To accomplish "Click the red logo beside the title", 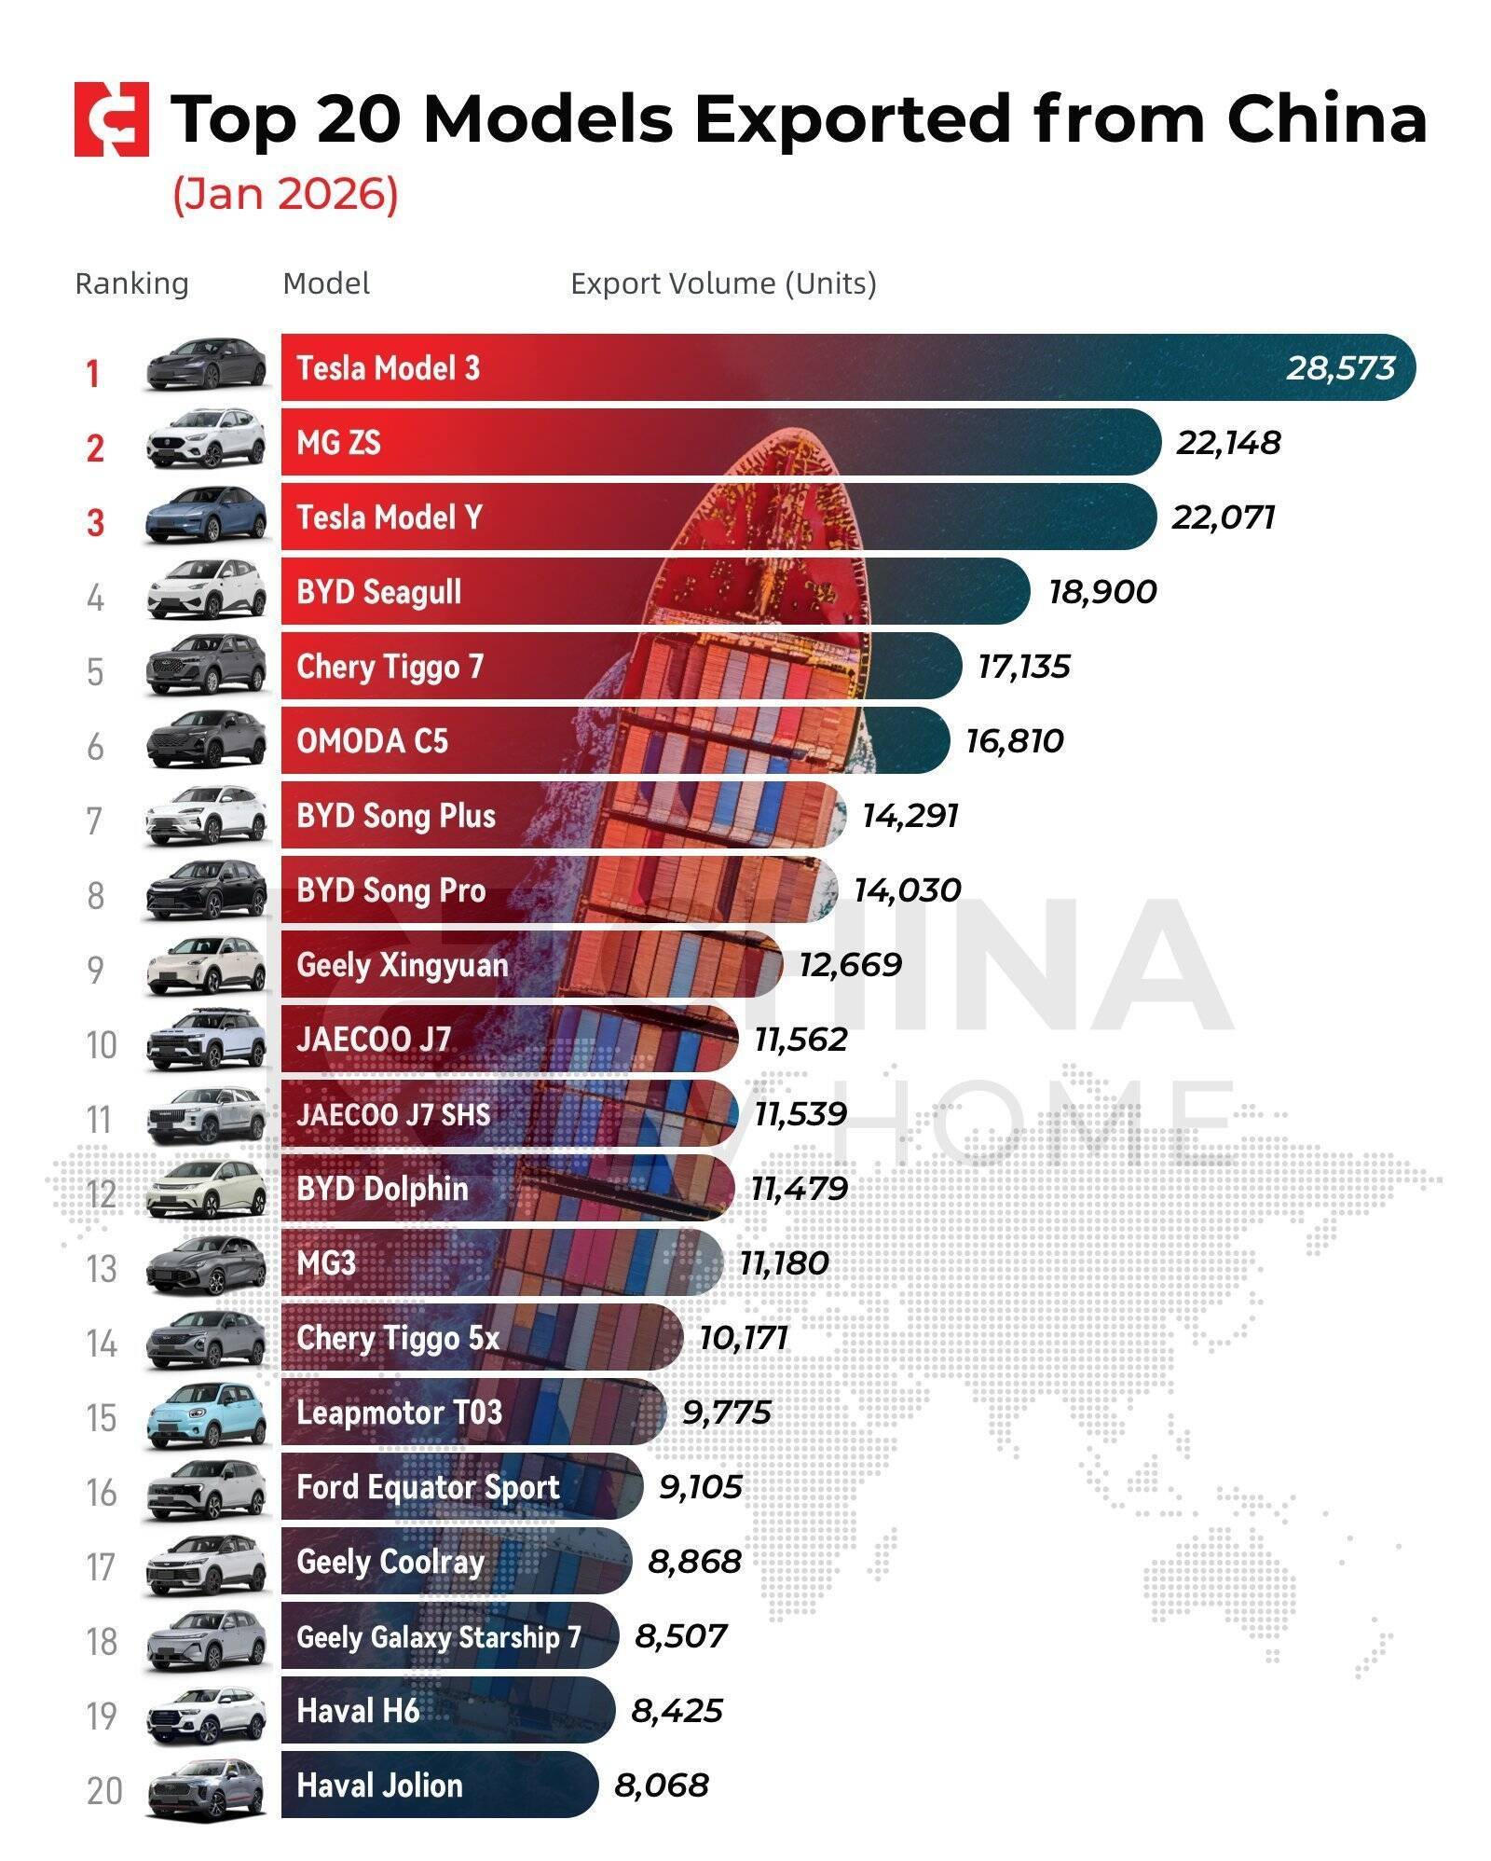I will (x=112, y=119).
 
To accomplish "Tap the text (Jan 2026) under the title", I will (x=285, y=194).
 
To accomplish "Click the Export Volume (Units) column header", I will (x=723, y=283).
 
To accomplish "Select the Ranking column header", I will (x=131, y=283).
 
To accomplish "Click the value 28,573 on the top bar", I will (x=1340, y=368).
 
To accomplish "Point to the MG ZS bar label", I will (x=338, y=443).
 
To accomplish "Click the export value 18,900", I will (x=1102, y=592).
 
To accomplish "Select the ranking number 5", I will (x=95, y=672).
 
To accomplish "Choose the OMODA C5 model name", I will (x=372, y=741).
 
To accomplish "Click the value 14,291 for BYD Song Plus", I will (x=910, y=816).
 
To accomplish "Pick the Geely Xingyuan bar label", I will (x=403, y=965).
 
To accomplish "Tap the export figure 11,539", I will (x=800, y=1114).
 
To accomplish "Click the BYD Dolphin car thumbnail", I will (x=206, y=1189).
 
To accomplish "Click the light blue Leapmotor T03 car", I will (x=206, y=1413).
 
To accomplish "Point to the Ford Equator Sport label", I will (x=428, y=1487).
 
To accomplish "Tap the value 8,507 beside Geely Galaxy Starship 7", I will (x=680, y=1636).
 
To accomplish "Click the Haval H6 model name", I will (x=358, y=1711).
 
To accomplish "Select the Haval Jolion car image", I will (x=206, y=1787).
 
